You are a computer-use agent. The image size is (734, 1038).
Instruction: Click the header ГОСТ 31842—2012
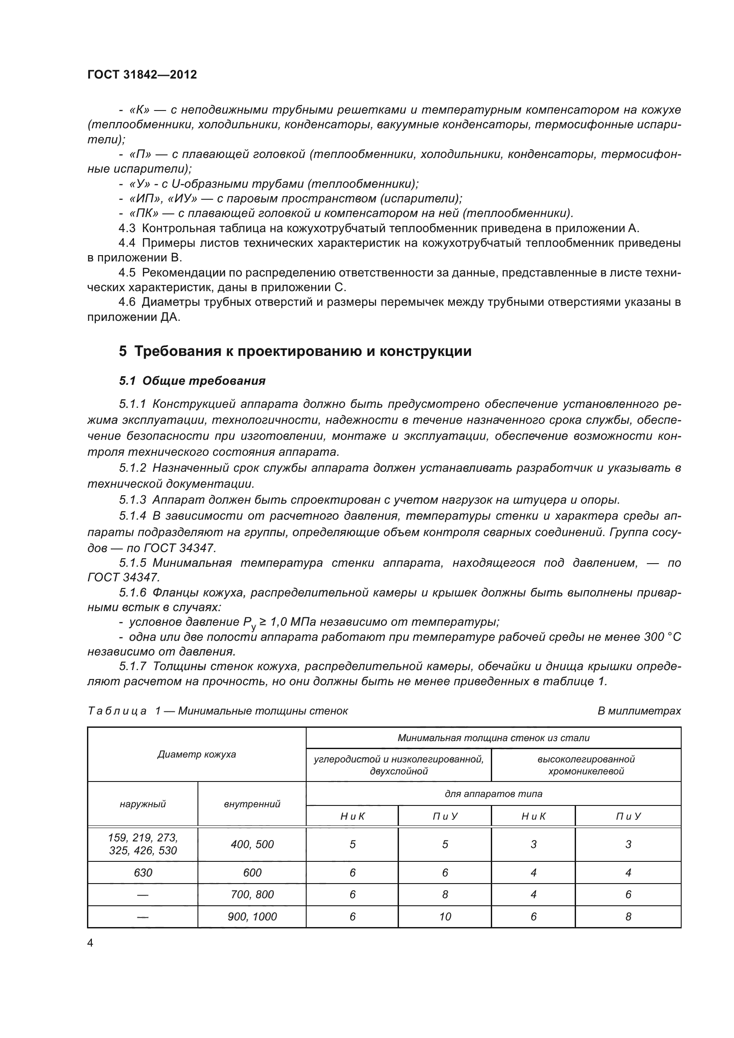(x=142, y=75)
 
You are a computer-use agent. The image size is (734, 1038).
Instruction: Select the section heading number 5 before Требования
(x=122, y=351)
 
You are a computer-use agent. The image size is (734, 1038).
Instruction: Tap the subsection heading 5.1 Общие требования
(x=192, y=381)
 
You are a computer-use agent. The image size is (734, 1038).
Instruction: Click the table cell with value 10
(x=445, y=916)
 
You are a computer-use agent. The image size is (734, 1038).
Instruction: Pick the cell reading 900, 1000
(x=252, y=916)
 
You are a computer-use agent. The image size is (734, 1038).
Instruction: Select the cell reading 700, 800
(x=252, y=894)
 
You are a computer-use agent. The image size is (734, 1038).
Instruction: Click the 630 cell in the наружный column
(x=143, y=872)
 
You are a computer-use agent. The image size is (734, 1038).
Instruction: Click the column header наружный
(x=143, y=804)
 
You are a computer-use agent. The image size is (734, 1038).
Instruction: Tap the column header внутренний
(x=252, y=804)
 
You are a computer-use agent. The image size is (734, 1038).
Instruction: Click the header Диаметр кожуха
(x=197, y=754)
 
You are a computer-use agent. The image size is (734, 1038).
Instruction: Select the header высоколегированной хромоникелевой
(x=586, y=765)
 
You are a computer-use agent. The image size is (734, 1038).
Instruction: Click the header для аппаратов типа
(x=493, y=793)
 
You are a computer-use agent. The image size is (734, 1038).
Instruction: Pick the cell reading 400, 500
(x=252, y=844)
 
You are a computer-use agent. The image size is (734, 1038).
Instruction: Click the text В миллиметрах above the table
(x=639, y=710)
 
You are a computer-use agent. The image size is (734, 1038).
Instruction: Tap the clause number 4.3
(x=126, y=228)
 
